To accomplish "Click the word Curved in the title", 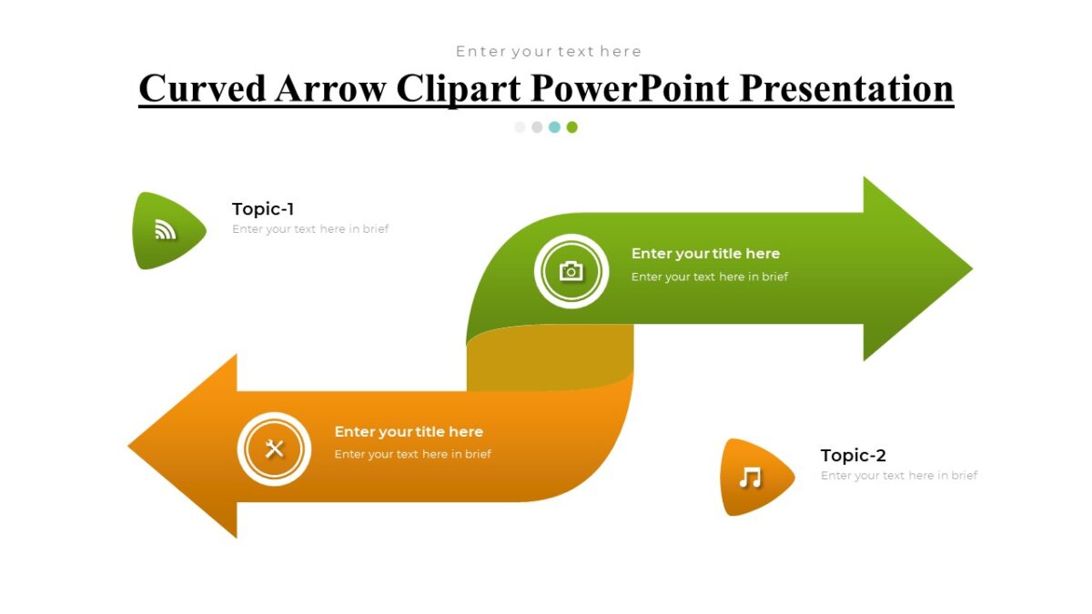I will click(x=202, y=88).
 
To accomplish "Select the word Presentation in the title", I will click(x=846, y=88).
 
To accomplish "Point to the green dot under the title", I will click(x=571, y=127).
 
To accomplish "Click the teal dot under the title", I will click(x=554, y=127).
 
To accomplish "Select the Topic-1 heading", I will click(x=263, y=209).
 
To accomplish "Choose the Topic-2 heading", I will click(x=853, y=456).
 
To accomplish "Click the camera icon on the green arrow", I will click(x=571, y=271).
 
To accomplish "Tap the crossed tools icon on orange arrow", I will click(x=274, y=448).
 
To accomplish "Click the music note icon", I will click(x=750, y=478).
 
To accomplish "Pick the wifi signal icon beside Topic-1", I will click(x=165, y=230).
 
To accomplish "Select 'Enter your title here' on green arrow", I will click(x=705, y=254).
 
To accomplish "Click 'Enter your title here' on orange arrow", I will click(x=409, y=432).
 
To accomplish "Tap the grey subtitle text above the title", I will click(x=548, y=52).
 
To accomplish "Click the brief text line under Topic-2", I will click(x=898, y=476).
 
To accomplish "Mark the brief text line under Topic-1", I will click(x=310, y=229).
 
